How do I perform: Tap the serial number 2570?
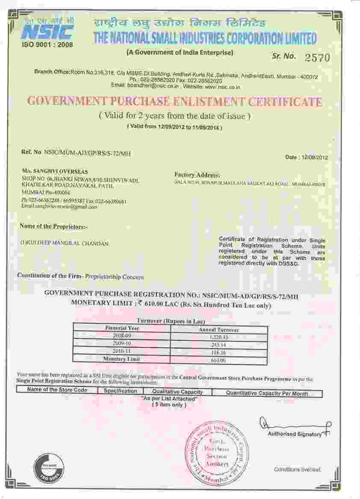coord(318,57)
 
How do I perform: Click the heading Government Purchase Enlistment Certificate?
coord(174,102)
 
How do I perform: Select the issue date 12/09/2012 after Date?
coord(315,157)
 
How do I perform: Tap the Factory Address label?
coord(197,175)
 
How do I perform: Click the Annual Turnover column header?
coord(219,330)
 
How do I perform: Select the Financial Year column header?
coord(122,328)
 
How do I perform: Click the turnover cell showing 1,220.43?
coord(219,337)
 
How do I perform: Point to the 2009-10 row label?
coord(122,343)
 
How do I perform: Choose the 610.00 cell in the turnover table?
coord(219,360)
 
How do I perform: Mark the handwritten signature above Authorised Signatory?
coord(295,425)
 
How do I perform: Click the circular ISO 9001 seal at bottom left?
coord(49,468)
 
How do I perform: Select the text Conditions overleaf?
coord(298,469)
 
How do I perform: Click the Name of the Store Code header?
coord(57,390)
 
